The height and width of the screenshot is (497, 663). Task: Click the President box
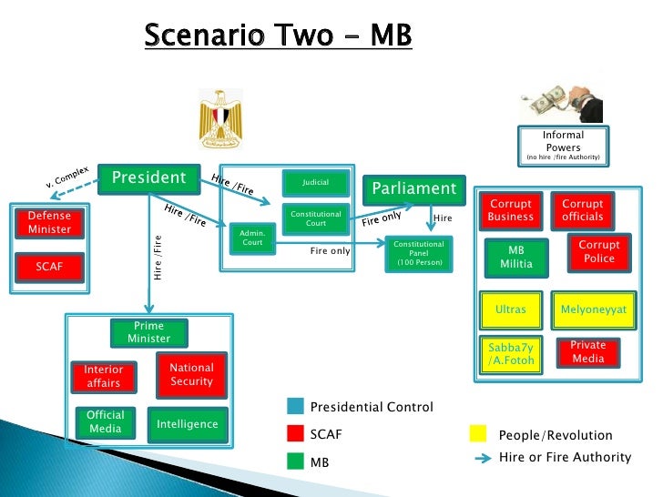[x=148, y=178]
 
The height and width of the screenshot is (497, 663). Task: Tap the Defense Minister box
[x=49, y=222]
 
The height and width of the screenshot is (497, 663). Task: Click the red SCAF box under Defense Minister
[x=49, y=266]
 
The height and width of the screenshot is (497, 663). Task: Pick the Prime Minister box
[x=148, y=332]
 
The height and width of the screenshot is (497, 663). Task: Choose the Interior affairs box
[x=103, y=376]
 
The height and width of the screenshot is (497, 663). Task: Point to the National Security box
[x=191, y=374]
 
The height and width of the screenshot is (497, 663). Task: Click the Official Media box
[x=106, y=421]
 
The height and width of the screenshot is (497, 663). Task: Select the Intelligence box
[x=188, y=424]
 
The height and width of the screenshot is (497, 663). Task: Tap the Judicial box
[x=315, y=183]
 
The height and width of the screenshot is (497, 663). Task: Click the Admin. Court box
[x=251, y=238]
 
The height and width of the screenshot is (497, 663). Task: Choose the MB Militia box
[x=516, y=257]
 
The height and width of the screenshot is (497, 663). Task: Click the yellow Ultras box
[x=511, y=309]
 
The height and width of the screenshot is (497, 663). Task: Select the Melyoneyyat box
[x=593, y=309]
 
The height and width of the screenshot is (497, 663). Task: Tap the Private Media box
[x=587, y=352]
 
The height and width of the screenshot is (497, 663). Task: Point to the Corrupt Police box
[x=599, y=251]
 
